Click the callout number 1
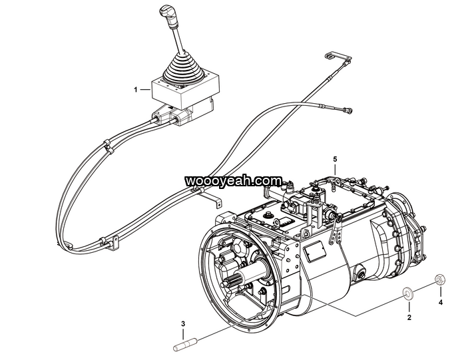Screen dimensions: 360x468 click(136, 89)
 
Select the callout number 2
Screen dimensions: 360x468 click(409, 317)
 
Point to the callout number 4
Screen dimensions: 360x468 click(440, 302)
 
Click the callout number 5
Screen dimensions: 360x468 click(335, 159)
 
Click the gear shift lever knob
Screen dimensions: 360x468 click(166, 14)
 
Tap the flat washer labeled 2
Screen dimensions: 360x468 click(407, 292)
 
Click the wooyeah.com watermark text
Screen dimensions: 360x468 click(233, 180)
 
